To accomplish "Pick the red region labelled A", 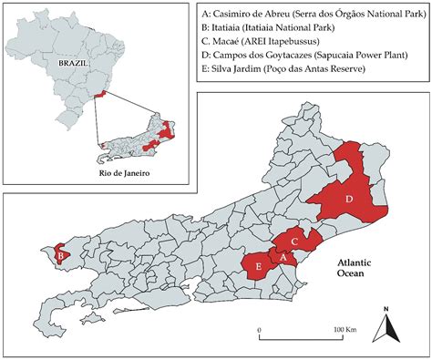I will pyautogui.click(x=283, y=258).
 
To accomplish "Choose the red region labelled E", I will pyautogui.click(x=261, y=267).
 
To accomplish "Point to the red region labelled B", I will pyautogui.click(x=60, y=257).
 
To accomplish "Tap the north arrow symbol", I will pyautogui.click(x=386, y=326).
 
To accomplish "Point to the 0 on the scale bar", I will pyautogui.click(x=260, y=328).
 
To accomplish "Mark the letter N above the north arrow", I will pyautogui.click(x=386, y=308).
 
